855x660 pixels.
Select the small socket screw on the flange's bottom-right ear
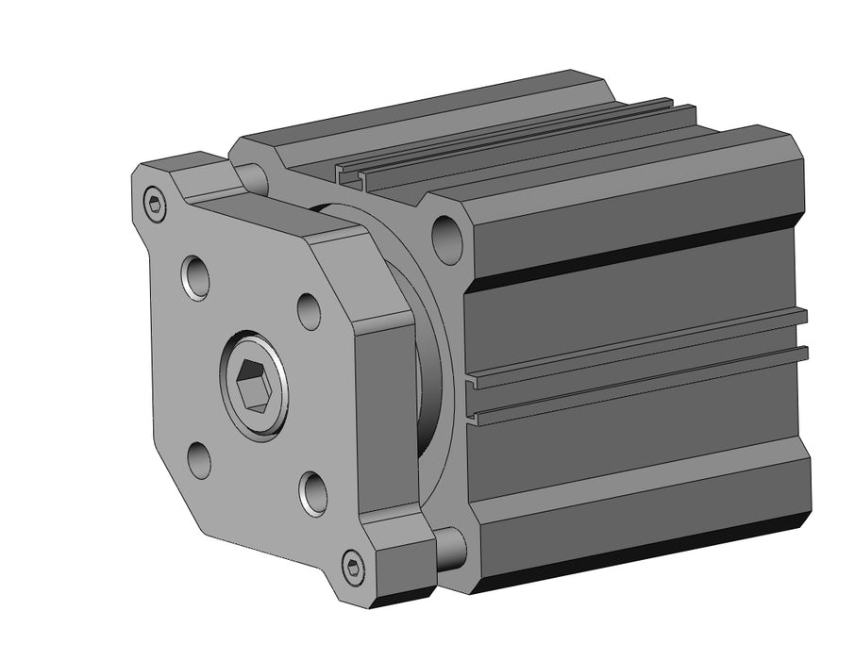(x=352, y=567)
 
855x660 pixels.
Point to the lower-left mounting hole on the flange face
(x=199, y=460)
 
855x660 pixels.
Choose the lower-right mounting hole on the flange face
(x=314, y=492)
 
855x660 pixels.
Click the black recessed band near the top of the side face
(x=642, y=255)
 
